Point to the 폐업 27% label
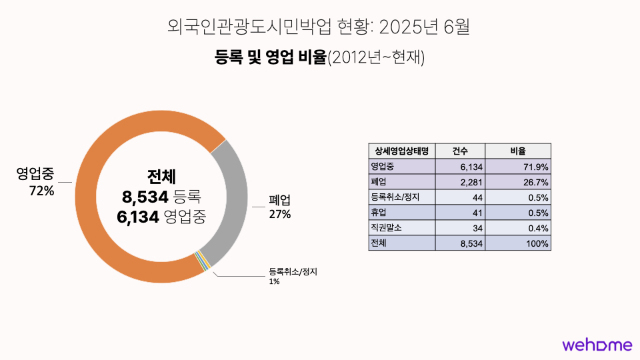280,207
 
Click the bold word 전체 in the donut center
161,177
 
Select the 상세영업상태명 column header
401,151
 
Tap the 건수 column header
460,151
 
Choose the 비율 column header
518,151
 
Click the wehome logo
597,345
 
